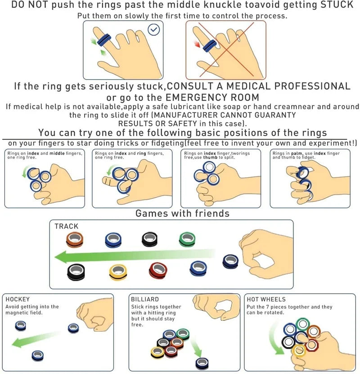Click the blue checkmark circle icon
click(x=154, y=30)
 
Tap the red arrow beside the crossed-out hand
click(x=198, y=44)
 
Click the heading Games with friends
click(x=182, y=213)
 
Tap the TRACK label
click(x=67, y=226)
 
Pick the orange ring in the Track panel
click(x=75, y=239)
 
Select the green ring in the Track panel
click(x=187, y=239)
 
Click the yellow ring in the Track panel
click(x=118, y=273)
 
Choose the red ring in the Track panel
click(x=158, y=270)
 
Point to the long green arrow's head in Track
click(x=60, y=257)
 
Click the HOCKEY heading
click(x=18, y=299)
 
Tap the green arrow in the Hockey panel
click(x=36, y=339)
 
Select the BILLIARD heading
click(x=145, y=299)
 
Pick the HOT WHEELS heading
click(x=266, y=299)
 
